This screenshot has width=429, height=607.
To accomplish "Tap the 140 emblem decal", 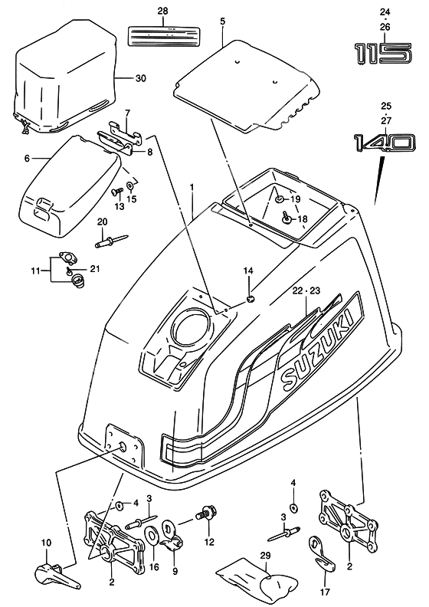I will [x=384, y=143].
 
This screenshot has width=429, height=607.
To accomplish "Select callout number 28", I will [x=162, y=10].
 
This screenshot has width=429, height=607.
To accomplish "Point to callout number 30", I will [x=139, y=79].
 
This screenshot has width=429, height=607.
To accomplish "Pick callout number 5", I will [x=222, y=22].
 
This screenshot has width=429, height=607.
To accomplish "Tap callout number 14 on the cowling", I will [x=247, y=271].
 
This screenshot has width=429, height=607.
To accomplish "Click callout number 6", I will [x=27, y=158].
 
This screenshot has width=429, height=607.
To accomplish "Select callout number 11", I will [x=34, y=271].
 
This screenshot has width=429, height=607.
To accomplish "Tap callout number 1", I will [x=192, y=186].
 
